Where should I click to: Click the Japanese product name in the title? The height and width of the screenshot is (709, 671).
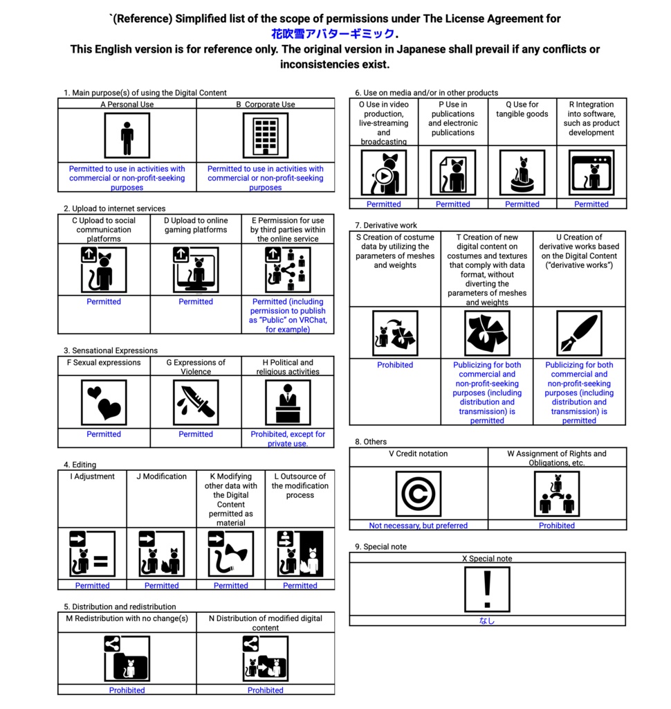click(x=332, y=34)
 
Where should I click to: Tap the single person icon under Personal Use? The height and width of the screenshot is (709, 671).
click(x=127, y=136)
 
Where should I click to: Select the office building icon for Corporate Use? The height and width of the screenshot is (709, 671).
click(x=266, y=136)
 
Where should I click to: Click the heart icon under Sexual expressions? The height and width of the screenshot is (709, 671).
click(x=104, y=402)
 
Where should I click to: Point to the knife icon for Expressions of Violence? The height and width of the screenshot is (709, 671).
click(x=196, y=402)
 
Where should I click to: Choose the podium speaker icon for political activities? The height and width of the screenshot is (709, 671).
click(x=287, y=402)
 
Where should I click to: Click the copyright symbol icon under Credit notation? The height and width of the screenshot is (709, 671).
click(x=418, y=494)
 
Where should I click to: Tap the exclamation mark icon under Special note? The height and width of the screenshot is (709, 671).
click(x=487, y=589)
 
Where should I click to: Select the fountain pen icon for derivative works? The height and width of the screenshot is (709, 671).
click(x=579, y=333)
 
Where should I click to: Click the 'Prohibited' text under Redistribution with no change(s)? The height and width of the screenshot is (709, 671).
click(x=127, y=690)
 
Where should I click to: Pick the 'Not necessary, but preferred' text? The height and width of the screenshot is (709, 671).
click(x=418, y=526)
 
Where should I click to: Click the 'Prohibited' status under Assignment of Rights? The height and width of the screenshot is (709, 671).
click(x=557, y=526)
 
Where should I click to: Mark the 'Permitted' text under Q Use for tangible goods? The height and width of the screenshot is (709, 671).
click(x=522, y=204)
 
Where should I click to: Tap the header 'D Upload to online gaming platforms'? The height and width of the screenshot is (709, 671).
click(x=196, y=225)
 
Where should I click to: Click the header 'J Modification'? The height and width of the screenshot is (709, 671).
click(x=161, y=476)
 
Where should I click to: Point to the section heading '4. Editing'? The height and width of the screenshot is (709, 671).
click(x=80, y=465)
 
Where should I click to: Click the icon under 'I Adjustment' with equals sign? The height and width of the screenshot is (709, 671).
click(x=92, y=554)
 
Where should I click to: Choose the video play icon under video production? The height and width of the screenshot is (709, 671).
click(x=384, y=173)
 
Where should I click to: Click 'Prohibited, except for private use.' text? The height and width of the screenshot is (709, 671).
click(x=287, y=439)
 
